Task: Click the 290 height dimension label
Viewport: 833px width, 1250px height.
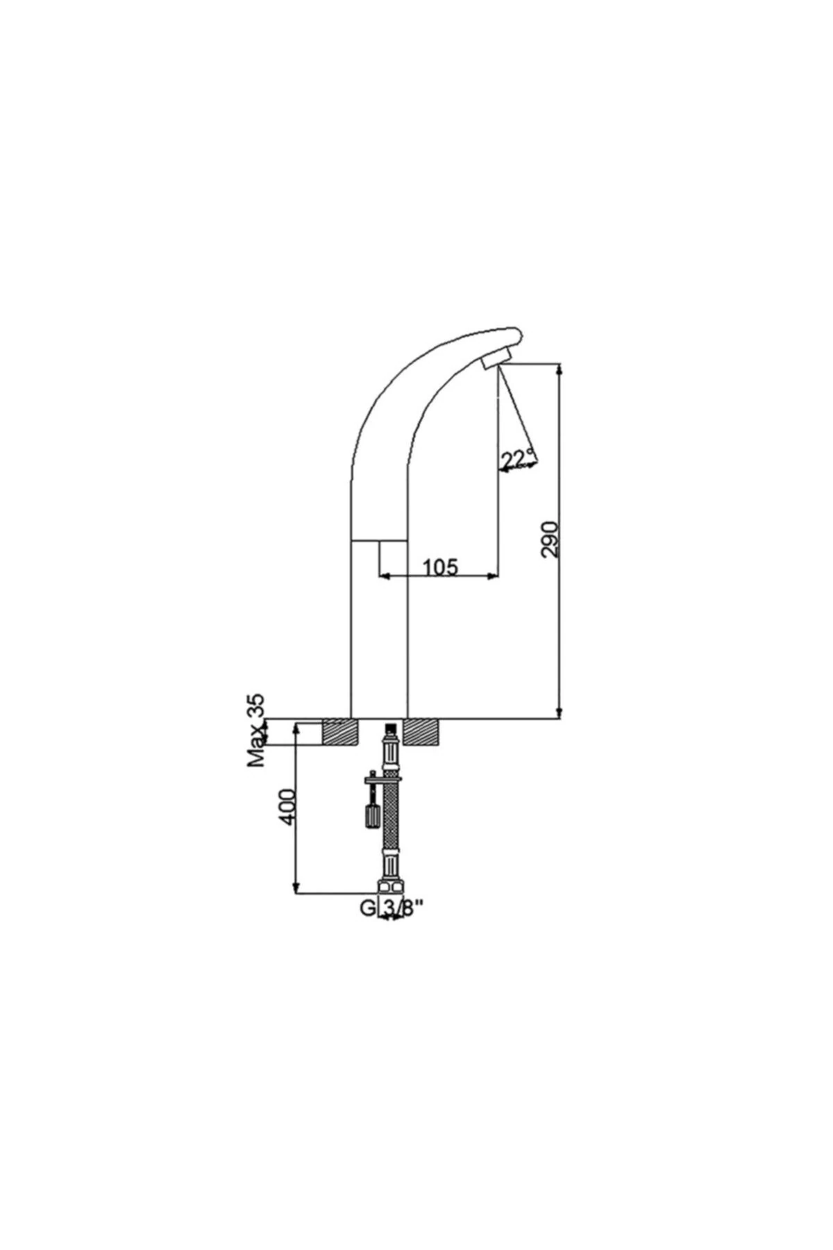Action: click(550, 538)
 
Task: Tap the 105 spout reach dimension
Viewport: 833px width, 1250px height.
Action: click(440, 567)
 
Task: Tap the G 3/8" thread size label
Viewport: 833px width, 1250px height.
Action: click(390, 908)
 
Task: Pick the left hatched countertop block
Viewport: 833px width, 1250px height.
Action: click(340, 732)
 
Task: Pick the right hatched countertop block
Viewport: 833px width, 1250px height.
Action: click(421, 732)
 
